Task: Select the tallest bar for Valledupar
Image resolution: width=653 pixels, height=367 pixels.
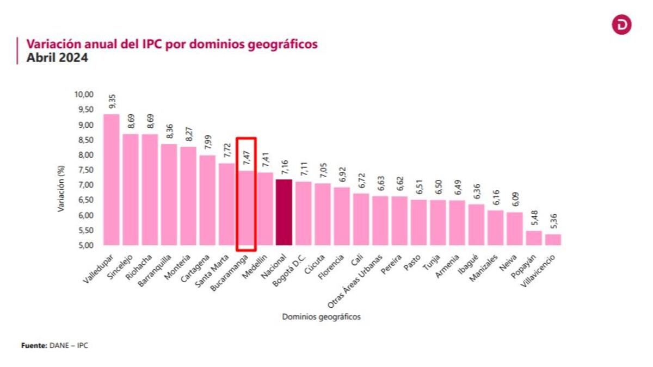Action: click(x=111, y=179)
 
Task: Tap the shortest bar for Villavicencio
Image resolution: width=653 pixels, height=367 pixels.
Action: click(x=553, y=240)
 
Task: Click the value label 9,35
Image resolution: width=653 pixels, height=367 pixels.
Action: click(x=112, y=102)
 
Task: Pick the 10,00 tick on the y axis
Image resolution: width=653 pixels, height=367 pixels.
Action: click(x=84, y=95)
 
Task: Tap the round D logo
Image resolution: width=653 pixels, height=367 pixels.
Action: click(x=621, y=25)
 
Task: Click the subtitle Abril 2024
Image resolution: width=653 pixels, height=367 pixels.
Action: click(x=57, y=58)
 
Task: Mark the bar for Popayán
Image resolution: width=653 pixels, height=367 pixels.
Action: click(x=533, y=238)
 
